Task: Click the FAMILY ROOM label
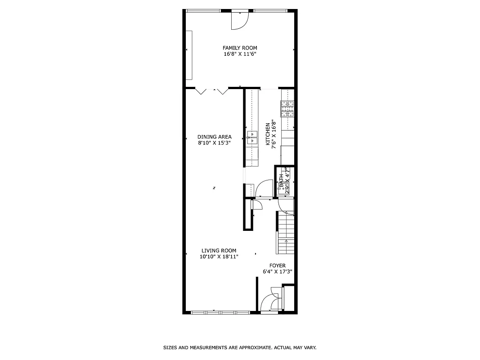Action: tap(240, 48)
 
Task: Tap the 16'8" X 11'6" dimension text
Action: tap(240, 54)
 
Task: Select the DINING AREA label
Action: tap(215, 137)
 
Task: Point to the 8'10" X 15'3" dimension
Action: tap(215, 143)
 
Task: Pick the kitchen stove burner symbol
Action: tap(287, 108)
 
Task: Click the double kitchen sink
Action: tap(253, 137)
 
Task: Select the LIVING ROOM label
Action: tap(219, 251)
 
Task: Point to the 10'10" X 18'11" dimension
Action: tap(219, 257)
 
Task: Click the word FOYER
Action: tap(278, 265)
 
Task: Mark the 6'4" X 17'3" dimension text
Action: tap(278, 272)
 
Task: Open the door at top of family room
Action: tap(239, 20)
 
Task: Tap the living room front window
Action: tap(220, 312)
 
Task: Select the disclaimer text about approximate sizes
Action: tap(239, 347)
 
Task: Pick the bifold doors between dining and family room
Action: tap(212, 91)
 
